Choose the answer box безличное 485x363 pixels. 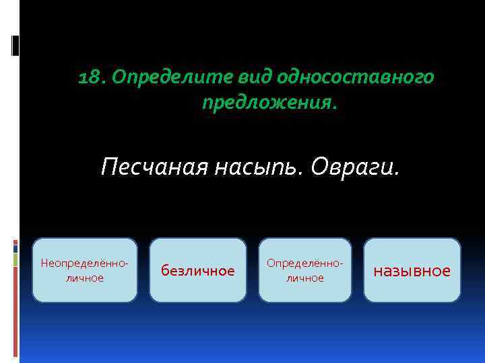pyautogui.click(x=197, y=270)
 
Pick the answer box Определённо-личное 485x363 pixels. pyautogui.click(x=305, y=270)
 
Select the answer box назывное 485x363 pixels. pyautogui.click(x=412, y=270)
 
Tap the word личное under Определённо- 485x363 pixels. pyautogui.click(x=305, y=278)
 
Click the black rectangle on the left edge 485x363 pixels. pyautogui.click(x=15, y=45)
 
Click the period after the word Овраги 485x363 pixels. pyautogui.click(x=397, y=173)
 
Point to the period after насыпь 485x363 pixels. pyautogui.click(x=304, y=173)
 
